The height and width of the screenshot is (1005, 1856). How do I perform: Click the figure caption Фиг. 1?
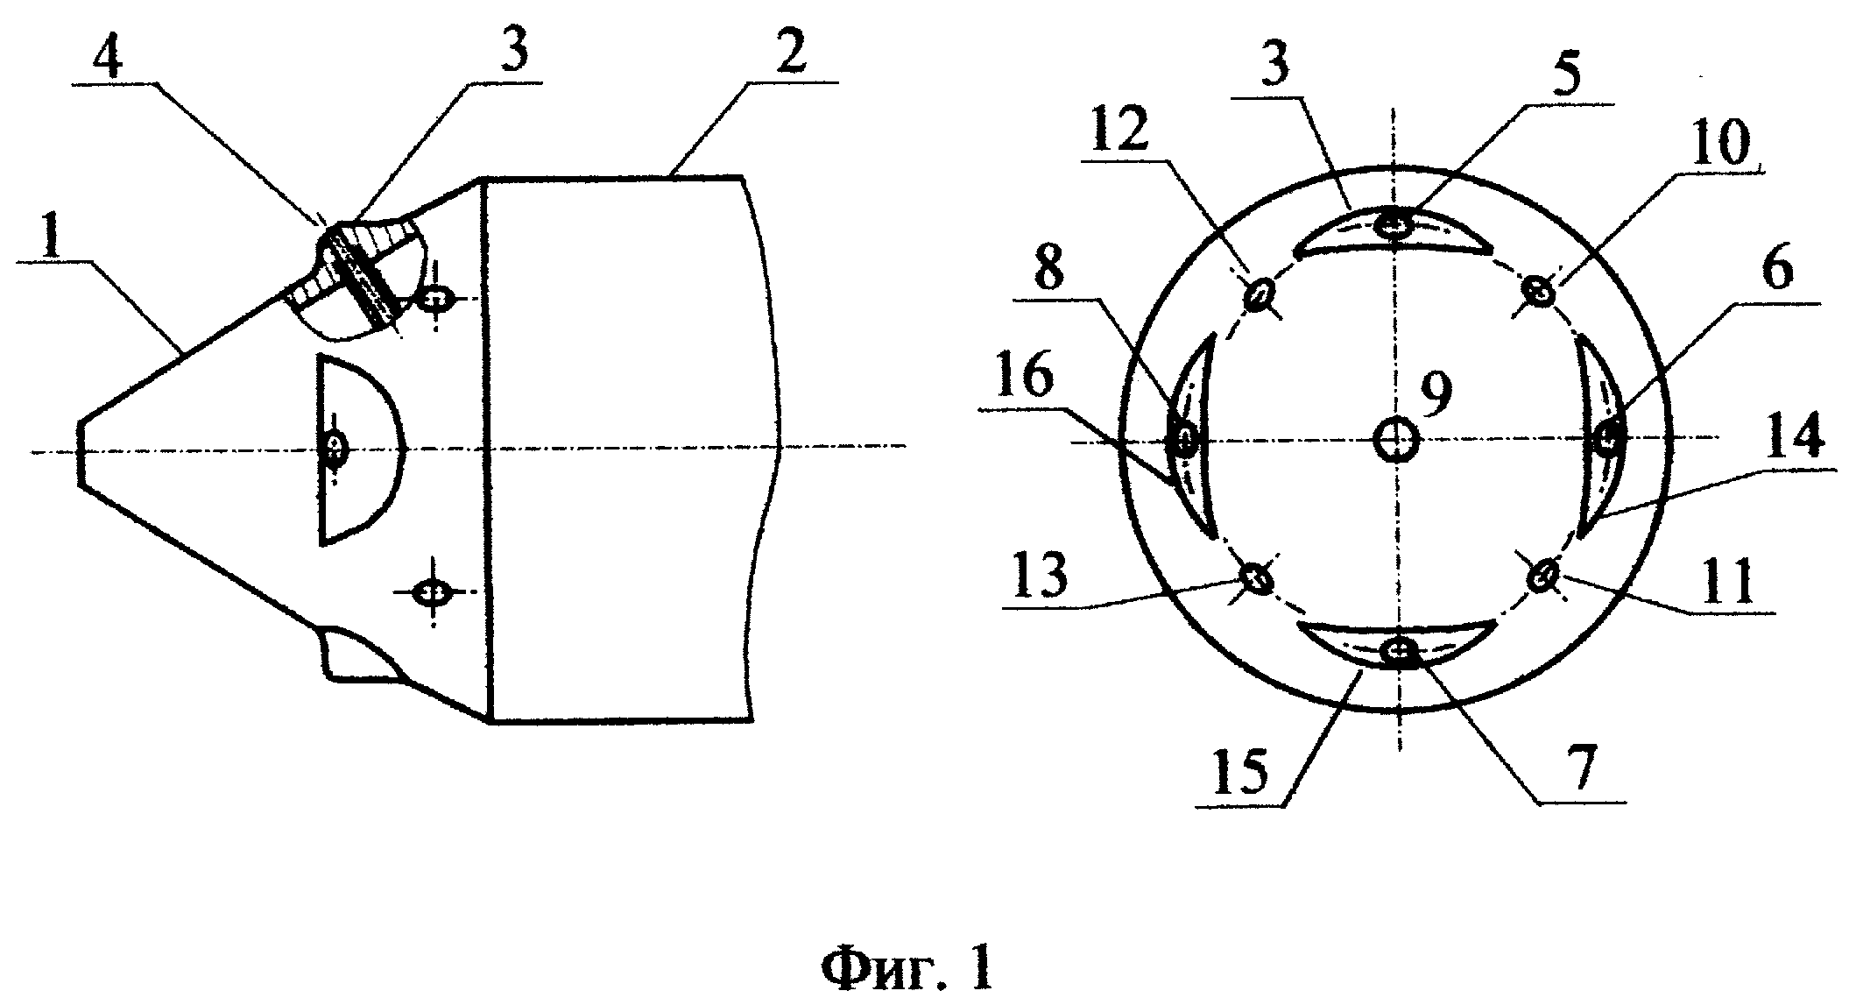pos(907,970)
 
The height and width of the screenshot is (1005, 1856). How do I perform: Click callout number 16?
pos(1025,382)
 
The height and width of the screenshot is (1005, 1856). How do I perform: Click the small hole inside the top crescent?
pos(1394,225)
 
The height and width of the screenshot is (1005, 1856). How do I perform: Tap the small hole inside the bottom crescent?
pos(1398,650)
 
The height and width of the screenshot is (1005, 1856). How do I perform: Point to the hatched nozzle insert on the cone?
pos(360,275)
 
